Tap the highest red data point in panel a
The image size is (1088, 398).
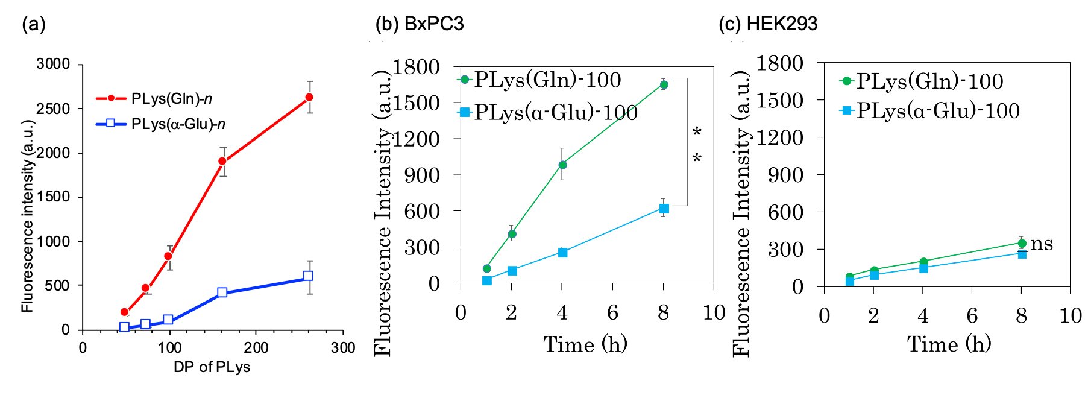(309, 97)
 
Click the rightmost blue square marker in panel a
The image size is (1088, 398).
(308, 276)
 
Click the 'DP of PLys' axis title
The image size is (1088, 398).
(212, 367)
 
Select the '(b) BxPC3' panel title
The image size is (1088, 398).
(420, 24)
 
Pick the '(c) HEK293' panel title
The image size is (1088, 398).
(768, 24)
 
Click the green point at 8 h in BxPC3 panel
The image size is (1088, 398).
(664, 85)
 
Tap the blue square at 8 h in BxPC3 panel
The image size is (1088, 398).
(664, 209)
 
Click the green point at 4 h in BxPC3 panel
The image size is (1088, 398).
(562, 165)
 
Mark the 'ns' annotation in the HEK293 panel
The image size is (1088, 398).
(1042, 244)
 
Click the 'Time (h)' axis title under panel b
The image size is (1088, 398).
(585, 344)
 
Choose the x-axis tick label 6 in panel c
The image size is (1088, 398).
(972, 315)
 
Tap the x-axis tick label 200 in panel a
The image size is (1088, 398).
(256, 347)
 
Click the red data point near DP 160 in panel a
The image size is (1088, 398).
(222, 161)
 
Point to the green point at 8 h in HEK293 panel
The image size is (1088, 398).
(1022, 244)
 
